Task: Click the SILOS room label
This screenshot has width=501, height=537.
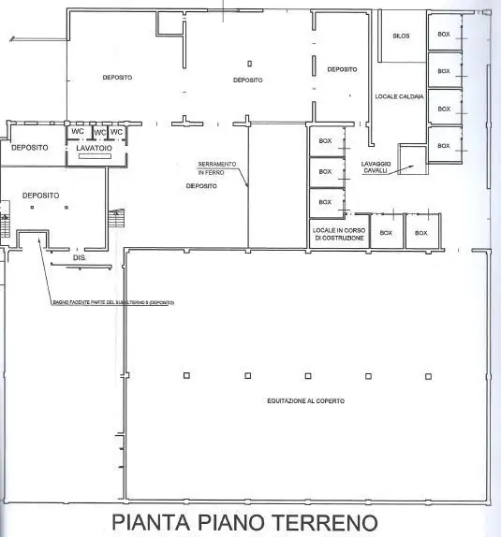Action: coord(401,35)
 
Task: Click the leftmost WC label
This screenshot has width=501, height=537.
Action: coord(78,132)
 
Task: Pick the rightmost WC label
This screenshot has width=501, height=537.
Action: coord(117,132)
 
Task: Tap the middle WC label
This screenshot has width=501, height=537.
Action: coord(98,132)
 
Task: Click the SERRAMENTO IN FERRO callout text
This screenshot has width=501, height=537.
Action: coord(217,167)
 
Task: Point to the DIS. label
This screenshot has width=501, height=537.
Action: coord(80,256)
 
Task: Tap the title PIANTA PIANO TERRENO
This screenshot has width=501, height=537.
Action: coord(244,522)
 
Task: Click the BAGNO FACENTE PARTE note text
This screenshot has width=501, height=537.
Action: coord(113,303)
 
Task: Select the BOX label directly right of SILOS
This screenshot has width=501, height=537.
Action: coord(444,34)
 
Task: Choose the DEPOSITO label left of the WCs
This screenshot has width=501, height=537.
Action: coord(30,147)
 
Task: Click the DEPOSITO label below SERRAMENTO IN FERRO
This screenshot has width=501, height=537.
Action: coord(201,186)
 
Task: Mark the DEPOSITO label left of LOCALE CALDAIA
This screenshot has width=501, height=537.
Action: coord(342,69)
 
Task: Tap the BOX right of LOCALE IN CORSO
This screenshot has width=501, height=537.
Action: coord(386,233)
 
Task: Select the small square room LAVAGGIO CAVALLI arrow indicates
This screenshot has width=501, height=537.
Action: coord(412,160)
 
